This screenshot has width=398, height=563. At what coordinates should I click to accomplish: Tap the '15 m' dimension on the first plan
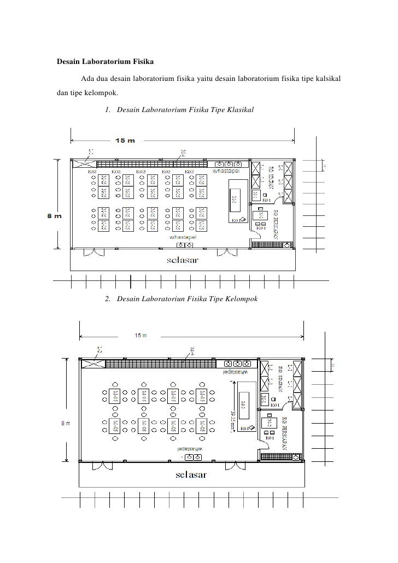coord(125,141)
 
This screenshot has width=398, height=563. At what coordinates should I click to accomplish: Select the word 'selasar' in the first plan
coord(183,260)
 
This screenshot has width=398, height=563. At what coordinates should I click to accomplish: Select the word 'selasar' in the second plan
coord(191,474)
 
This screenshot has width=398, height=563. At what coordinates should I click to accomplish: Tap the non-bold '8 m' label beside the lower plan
coord(65,423)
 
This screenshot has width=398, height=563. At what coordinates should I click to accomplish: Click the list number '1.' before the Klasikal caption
coord(107,110)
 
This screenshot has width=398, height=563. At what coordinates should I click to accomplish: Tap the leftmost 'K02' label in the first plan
coord(93,171)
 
